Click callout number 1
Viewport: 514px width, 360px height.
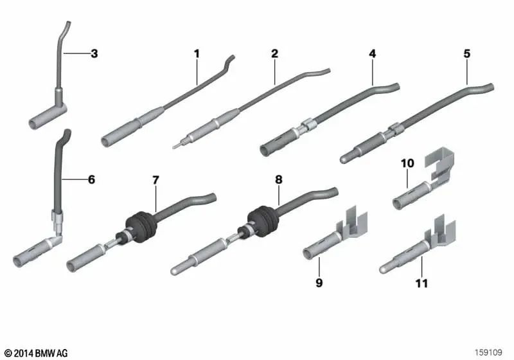point(197,54)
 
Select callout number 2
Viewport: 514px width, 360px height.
point(275,54)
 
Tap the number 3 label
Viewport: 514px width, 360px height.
point(94,53)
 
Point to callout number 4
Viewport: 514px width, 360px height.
point(373,54)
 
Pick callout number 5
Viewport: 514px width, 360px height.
point(467,54)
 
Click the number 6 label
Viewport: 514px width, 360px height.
point(91,179)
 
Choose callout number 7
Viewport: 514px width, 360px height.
point(155,179)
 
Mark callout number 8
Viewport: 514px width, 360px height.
point(279,179)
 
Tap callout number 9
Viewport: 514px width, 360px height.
point(319,283)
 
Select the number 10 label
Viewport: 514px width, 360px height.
point(407,163)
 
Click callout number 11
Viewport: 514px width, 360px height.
point(422,283)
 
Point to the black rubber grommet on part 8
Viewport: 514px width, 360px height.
point(263,221)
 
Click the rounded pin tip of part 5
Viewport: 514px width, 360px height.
point(344,160)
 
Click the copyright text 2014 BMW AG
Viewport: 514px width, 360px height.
point(36,353)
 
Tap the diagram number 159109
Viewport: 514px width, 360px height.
point(488,352)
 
